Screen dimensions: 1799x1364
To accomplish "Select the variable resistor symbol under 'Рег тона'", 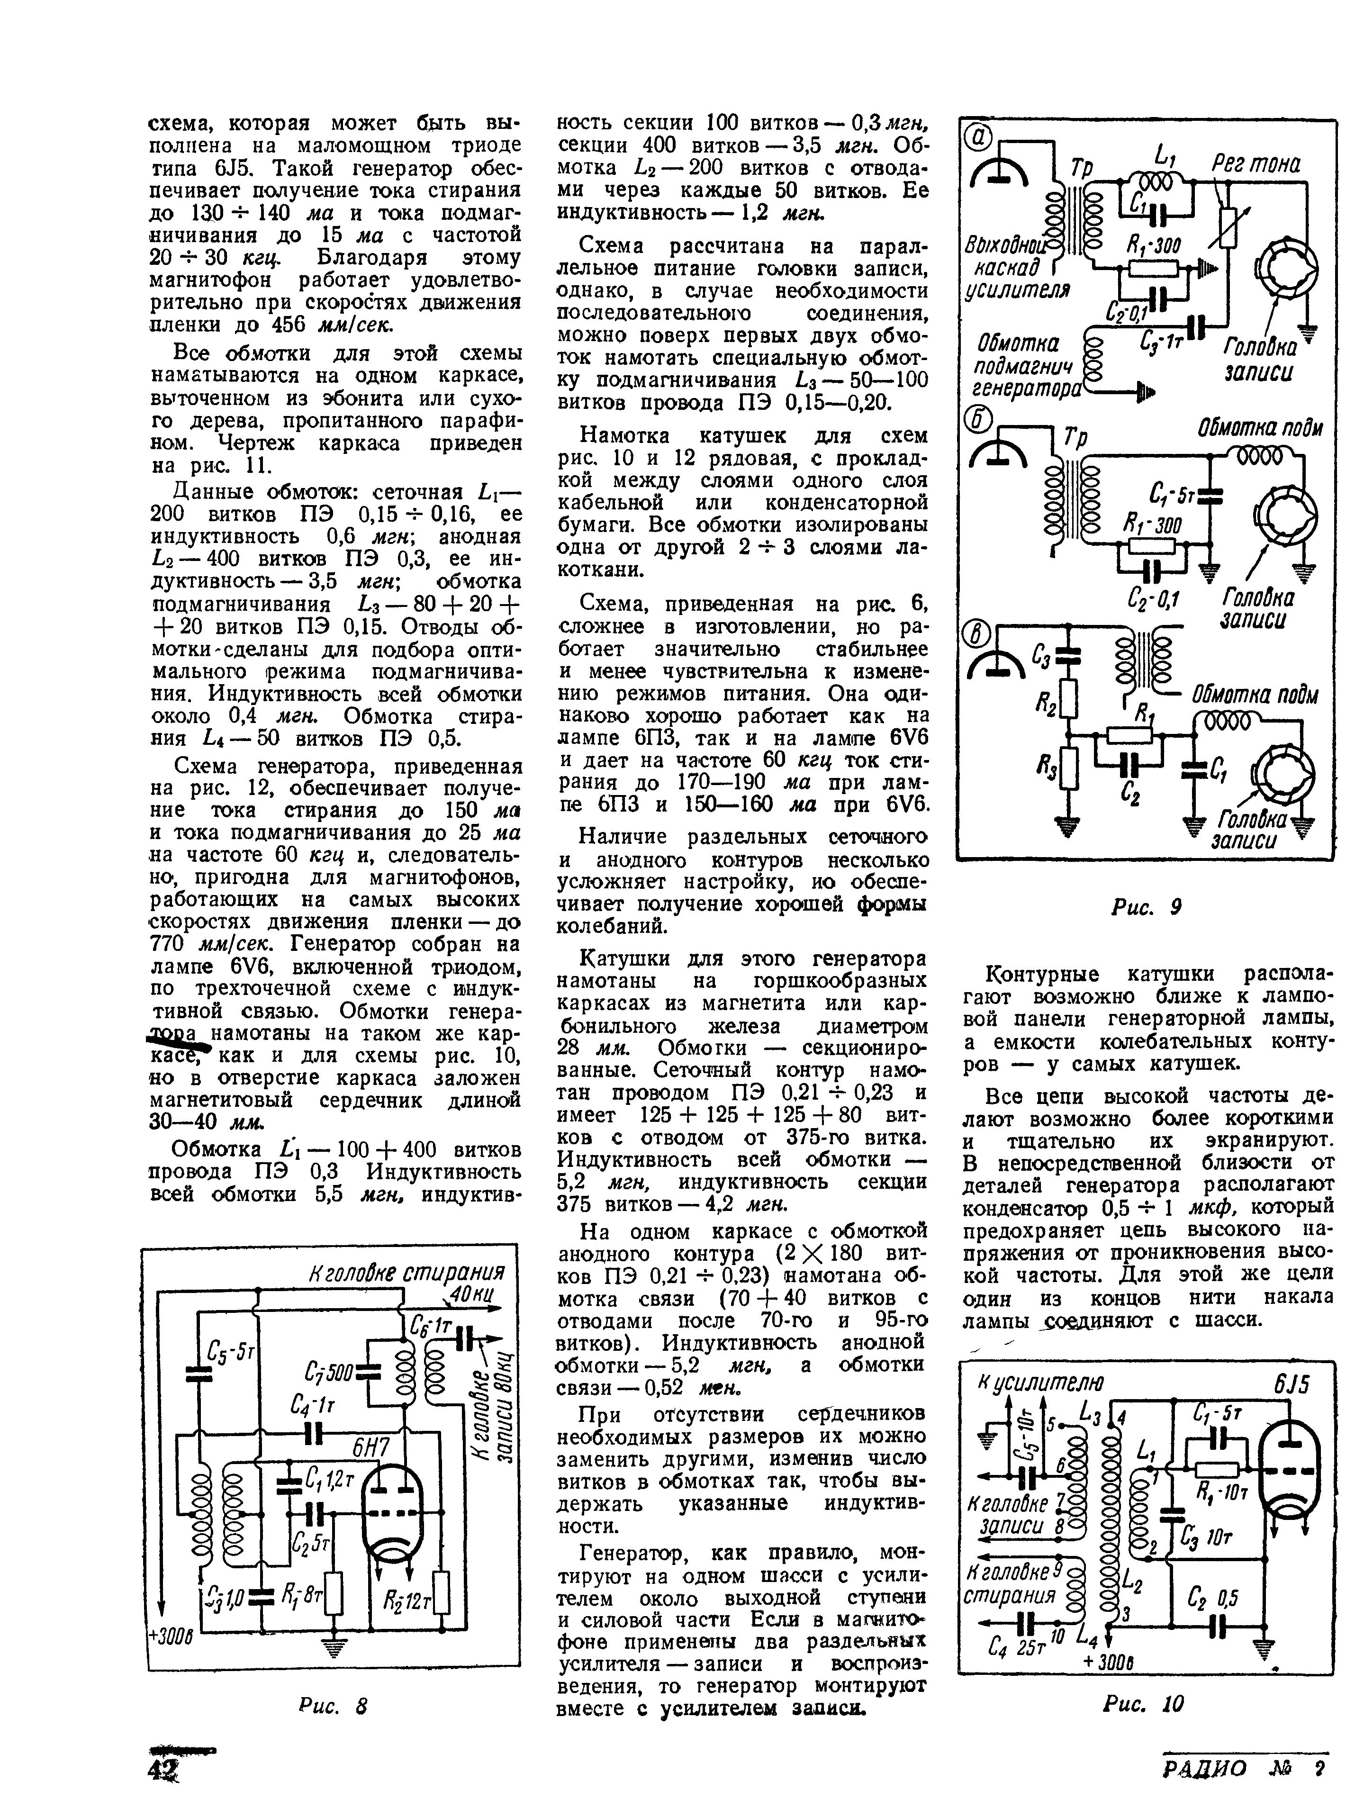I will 1228,225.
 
